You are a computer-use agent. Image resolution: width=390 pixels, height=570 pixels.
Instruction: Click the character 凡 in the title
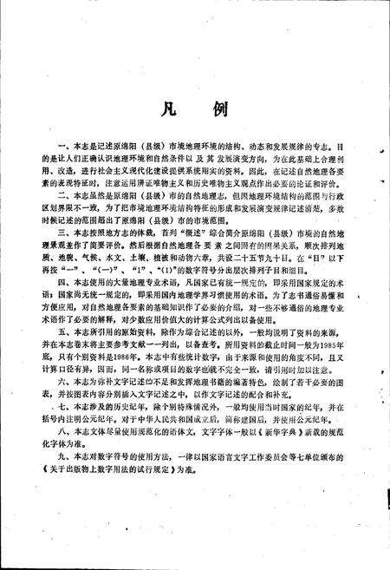(x=164, y=109)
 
